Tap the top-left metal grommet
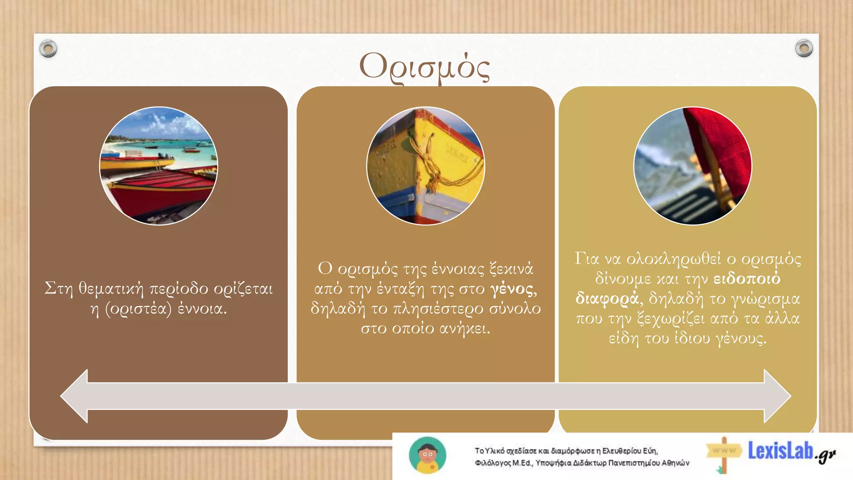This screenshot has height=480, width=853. [48, 49]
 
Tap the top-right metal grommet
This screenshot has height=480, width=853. [804, 48]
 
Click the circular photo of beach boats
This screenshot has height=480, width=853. [159, 166]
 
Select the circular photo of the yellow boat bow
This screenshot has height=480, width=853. [426, 166]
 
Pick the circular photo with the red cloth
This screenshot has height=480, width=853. [693, 166]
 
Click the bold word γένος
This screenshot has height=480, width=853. [512, 289]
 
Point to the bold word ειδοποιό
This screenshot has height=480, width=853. [747, 278]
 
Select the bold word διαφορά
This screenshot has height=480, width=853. [606, 298]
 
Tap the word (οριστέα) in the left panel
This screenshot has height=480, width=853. [138, 309]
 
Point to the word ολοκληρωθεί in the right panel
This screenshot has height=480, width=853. [673, 259]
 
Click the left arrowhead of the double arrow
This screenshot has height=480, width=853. [75, 396]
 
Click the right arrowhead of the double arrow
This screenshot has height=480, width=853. [777, 396]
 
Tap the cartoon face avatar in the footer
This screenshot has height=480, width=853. [427, 455]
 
